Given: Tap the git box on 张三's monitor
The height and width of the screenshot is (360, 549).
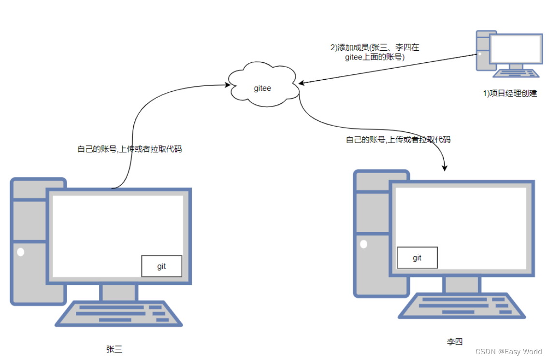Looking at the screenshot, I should pyautogui.click(x=161, y=266).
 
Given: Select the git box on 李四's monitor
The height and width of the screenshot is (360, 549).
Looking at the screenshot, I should pyautogui.click(x=417, y=258).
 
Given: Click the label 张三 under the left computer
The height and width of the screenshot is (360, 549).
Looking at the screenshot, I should pyautogui.click(x=115, y=349).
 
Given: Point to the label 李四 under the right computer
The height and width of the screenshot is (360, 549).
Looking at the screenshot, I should pyautogui.click(x=455, y=342).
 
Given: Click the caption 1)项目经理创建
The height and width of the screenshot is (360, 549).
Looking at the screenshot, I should pyautogui.click(x=510, y=93).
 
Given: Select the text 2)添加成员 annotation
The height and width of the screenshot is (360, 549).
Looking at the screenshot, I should pyautogui.click(x=375, y=52).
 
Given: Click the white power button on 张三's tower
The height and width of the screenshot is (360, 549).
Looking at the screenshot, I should pyautogui.click(x=20, y=252).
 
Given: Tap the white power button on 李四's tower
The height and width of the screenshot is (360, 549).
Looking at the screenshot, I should pyautogui.click(x=363, y=244).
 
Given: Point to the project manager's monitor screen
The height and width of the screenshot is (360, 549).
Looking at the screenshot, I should pyautogui.click(x=515, y=49).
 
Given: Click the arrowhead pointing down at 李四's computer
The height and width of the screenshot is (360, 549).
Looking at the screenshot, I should pyautogui.click(x=445, y=168).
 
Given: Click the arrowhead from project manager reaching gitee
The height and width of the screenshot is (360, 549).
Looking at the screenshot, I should pyautogui.click(x=301, y=83).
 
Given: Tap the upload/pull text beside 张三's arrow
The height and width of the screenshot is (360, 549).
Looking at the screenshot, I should pyautogui.click(x=130, y=149).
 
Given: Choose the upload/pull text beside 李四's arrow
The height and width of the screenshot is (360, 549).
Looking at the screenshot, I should pyautogui.click(x=398, y=140).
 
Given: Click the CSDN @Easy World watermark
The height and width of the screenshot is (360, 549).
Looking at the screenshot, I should pyautogui.click(x=508, y=352).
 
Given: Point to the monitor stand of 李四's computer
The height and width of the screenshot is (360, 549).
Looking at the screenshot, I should pyautogui.click(x=462, y=285).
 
